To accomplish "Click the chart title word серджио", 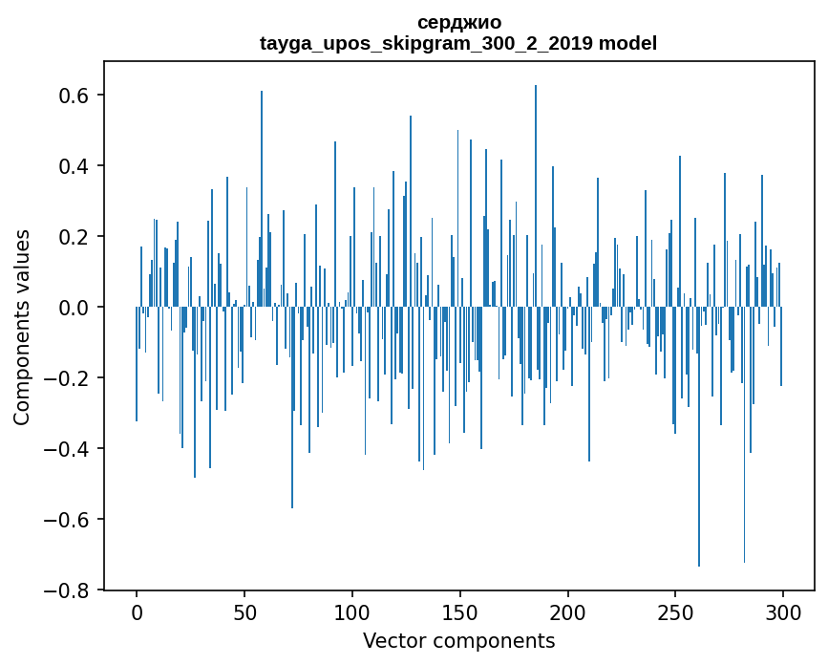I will (x=459, y=23).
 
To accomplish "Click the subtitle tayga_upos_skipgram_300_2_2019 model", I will (x=459, y=44).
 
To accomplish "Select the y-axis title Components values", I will (x=22, y=327).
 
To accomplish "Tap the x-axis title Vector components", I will (x=458, y=641).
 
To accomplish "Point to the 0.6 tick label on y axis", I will (x=74, y=96).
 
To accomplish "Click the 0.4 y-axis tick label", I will (x=74, y=166).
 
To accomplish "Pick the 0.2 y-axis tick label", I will (x=74, y=237).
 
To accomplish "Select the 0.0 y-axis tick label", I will (x=74, y=308).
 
